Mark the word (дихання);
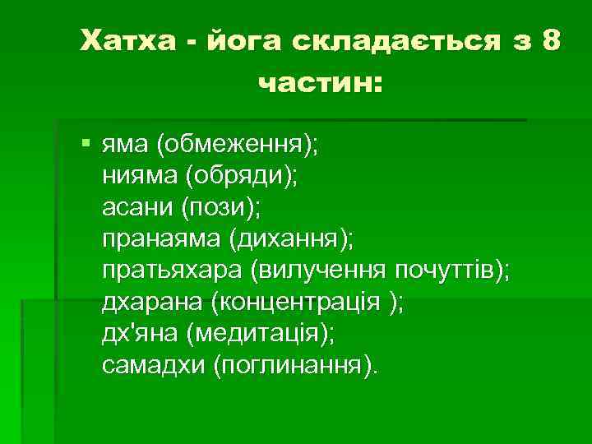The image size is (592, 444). pyautogui.click(x=291, y=239)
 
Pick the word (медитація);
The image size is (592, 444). pyautogui.click(x=261, y=332)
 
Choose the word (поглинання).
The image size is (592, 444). pyautogui.click(x=297, y=363)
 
